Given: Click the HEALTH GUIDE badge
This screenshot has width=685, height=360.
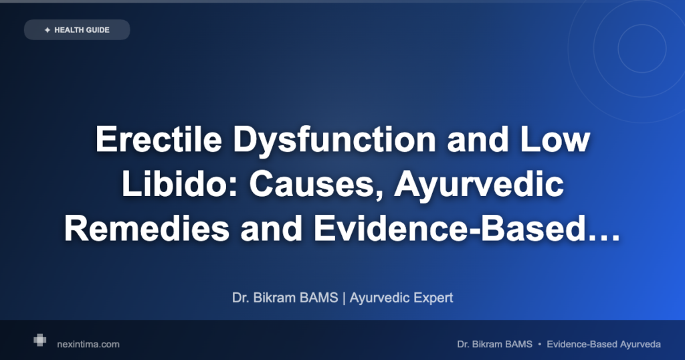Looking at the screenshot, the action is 77,29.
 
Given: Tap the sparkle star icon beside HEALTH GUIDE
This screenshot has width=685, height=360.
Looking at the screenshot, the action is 47,30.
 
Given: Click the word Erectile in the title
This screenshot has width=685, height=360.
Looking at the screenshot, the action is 159,139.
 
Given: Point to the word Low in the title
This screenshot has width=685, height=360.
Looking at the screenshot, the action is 554,139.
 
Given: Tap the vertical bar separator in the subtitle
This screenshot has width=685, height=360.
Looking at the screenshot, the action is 344,298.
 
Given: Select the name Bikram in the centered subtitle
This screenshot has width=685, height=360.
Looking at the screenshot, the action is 275,298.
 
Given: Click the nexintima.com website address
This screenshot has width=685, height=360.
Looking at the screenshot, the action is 88,344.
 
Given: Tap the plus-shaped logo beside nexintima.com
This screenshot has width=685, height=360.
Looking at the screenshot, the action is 39,340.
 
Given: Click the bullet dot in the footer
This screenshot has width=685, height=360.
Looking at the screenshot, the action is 540,344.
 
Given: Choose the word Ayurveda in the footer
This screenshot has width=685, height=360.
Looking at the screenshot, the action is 640,345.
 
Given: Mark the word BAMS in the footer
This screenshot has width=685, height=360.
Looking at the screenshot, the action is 518,344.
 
